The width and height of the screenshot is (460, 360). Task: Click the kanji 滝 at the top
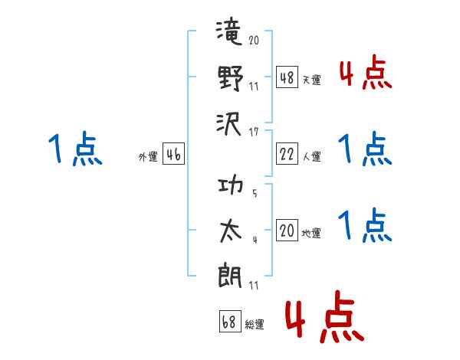click(x=229, y=31)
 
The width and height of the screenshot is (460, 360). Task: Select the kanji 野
click(x=231, y=77)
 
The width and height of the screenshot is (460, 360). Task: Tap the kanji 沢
click(x=228, y=125)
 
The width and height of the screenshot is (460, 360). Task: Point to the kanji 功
click(x=231, y=184)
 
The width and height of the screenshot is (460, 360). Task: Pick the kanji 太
click(x=231, y=231)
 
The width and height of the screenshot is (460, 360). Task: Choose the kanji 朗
click(x=230, y=275)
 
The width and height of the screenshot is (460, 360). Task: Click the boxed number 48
click(x=287, y=77)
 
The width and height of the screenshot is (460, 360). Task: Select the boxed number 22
click(x=287, y=154)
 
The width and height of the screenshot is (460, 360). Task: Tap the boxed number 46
click(x=173, y=154)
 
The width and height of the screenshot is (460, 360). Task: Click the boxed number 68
click(x=230, y=321)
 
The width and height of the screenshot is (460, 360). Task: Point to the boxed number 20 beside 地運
click(x=287, y=230)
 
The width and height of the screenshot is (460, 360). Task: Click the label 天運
click(x=311, y=80)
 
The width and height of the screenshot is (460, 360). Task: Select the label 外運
click(x=148, y=156)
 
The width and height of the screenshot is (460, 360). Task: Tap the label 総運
click(x=255, y=324)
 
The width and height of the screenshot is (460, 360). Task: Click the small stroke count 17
click(x=254, y=133)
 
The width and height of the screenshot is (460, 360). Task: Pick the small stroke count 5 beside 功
click(x=255, y=193)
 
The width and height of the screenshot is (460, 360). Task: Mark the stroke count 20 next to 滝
click(x=254, y=40)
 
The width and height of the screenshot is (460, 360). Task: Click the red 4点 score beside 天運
click(x=366, y=73)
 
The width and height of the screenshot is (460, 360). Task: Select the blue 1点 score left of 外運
click(x=75, y=149)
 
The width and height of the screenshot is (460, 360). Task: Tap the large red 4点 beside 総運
click(x=324, y=316)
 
